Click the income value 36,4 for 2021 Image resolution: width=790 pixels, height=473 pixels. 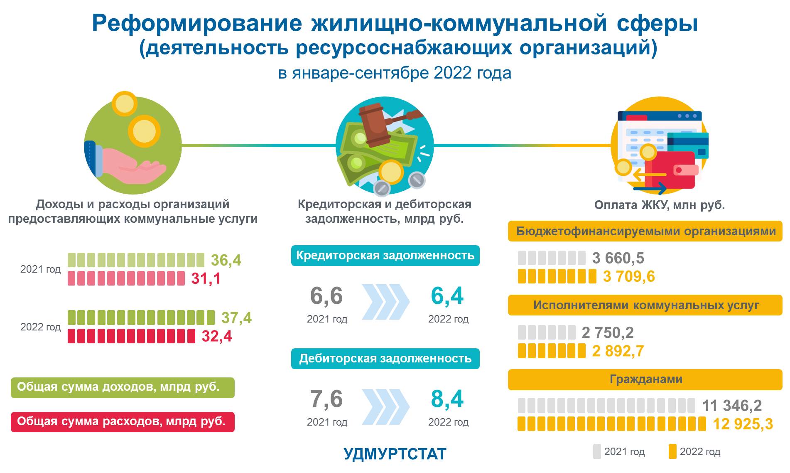point(226,260)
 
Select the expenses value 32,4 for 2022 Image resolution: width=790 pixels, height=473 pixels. point(217,336)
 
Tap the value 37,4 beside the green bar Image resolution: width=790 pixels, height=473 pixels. point(236,318)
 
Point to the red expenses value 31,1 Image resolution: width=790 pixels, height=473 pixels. point(206,278)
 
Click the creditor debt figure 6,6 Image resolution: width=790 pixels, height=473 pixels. point(326,296)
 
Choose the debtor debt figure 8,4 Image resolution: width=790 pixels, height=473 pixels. point(447,399)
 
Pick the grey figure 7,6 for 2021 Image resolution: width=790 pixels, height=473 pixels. point(326,399)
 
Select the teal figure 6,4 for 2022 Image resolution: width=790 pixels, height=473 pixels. point(447,296)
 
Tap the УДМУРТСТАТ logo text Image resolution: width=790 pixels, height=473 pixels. point(395,454)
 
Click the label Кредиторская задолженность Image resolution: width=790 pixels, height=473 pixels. point(385,255)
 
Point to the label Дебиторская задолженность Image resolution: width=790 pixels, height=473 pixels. point(385,358)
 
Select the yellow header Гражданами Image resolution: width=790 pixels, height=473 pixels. point(645,379)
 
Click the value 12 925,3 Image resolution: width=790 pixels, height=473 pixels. point(743,424)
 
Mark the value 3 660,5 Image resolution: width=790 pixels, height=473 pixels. point(618,258)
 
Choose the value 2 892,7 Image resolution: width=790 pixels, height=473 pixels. point(618,351)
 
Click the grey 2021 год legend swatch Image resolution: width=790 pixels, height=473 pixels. point(597,451)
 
